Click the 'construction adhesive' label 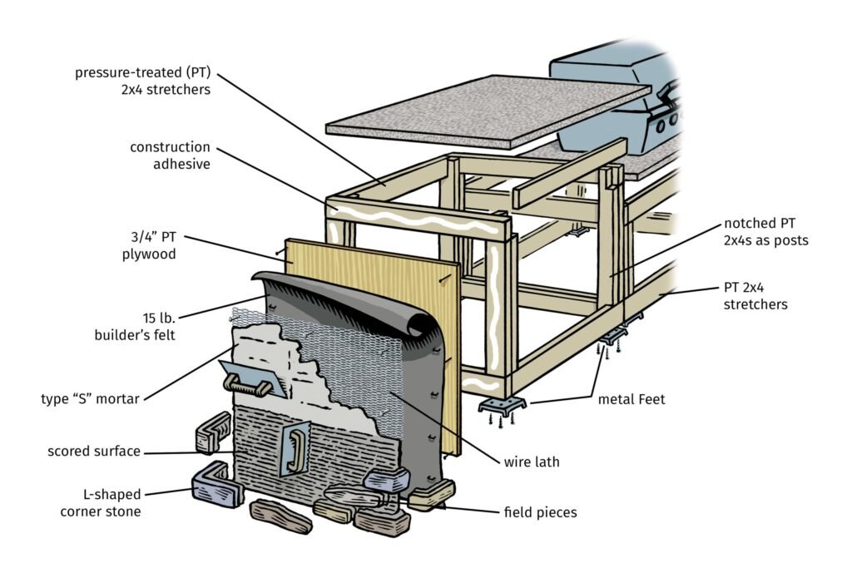(170, 156)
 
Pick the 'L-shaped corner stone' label (102, 502)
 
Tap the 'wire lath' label (531, 462)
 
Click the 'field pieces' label (540, 512)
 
